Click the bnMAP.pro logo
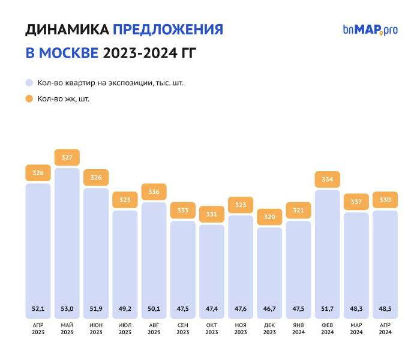click(370, 29)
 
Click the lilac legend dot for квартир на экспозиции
click(29, 83)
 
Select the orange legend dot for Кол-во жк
click(29, 98)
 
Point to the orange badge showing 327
click(67, 158)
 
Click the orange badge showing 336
click(154, 192)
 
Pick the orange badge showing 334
click(328, 179)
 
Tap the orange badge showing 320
click(269, 217)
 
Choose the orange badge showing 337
click(356, 202)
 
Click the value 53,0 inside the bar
click(67, 308)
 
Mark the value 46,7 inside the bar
click(269, 308)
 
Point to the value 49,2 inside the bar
click(125, 308)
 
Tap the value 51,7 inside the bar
click(328, 308)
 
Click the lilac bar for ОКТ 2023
click(212, 264)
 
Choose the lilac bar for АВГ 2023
click(154, 252)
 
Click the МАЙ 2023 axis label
click(67, 328)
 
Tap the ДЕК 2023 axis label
click(269, 328)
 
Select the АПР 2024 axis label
click(385, 328)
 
